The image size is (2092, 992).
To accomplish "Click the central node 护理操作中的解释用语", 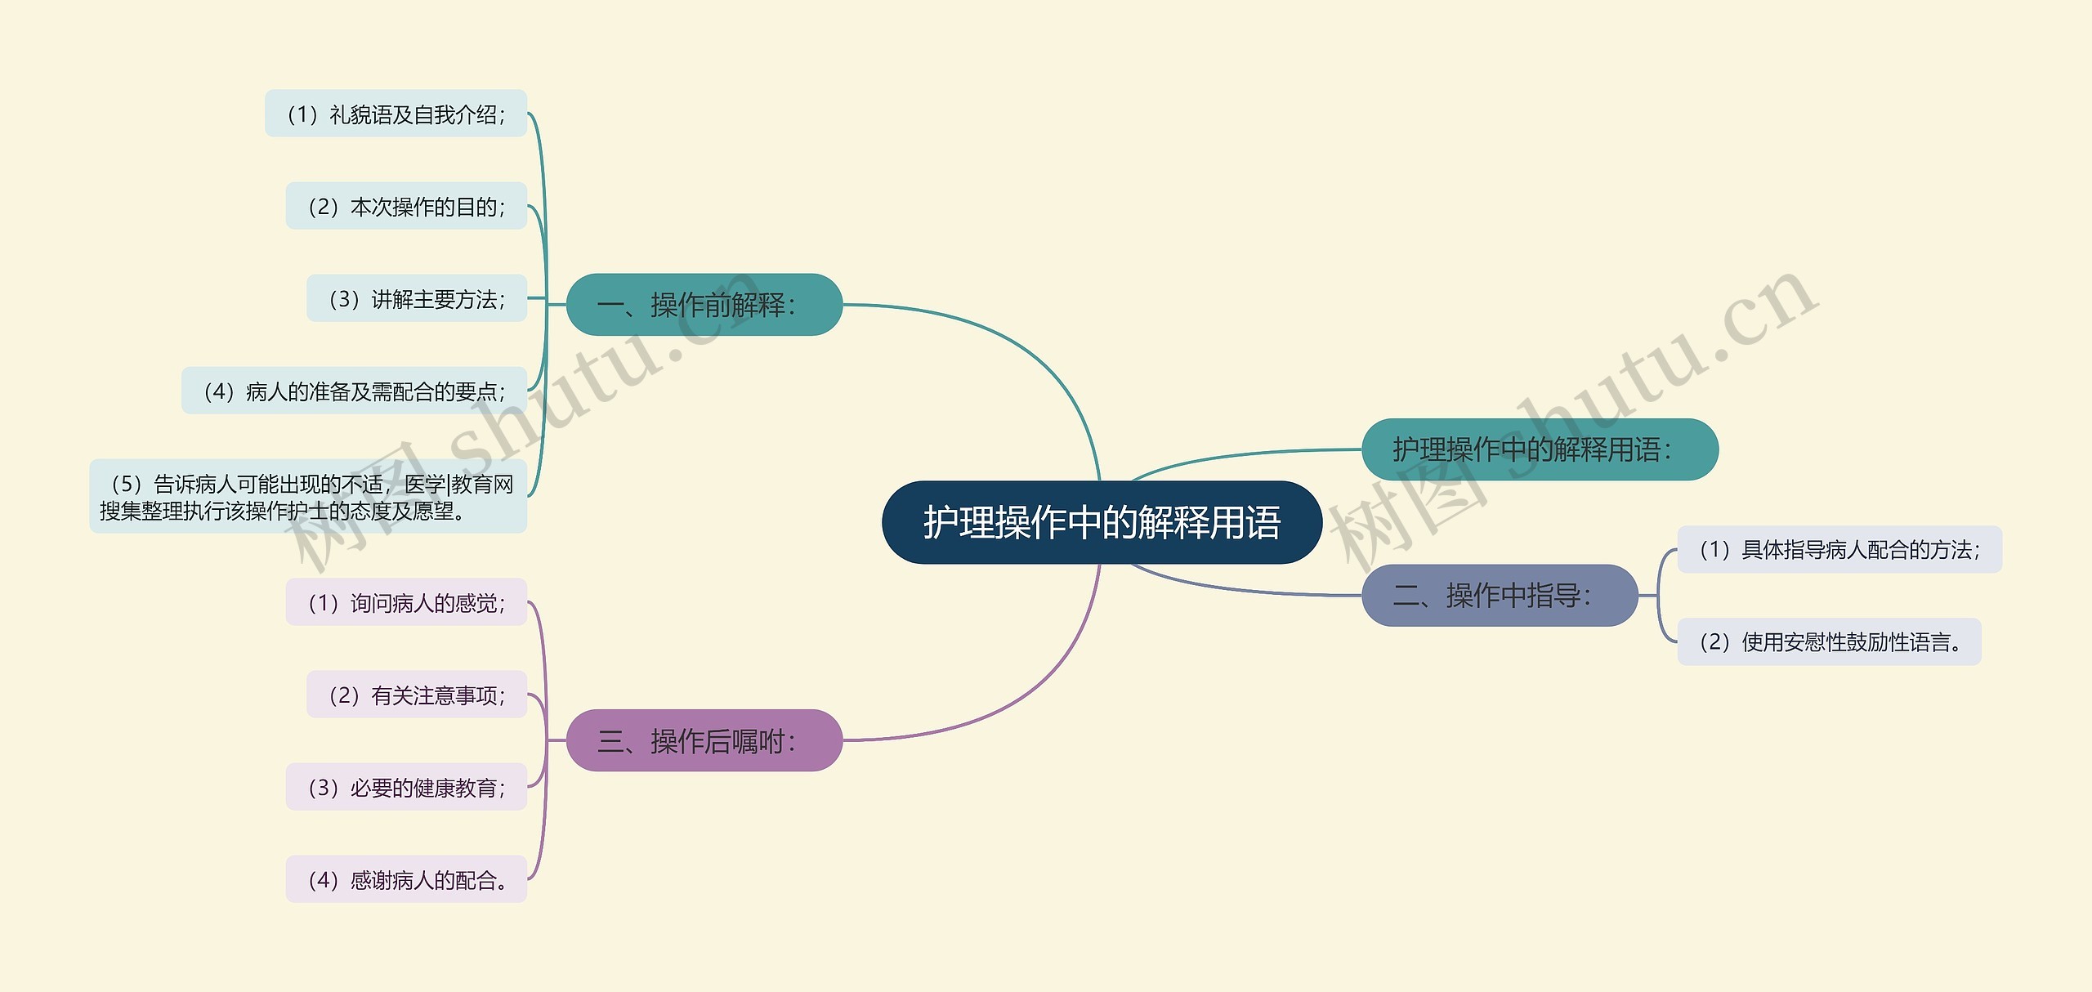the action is [x=1102, y=523].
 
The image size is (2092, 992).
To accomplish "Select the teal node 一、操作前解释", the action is [x=704, y=305].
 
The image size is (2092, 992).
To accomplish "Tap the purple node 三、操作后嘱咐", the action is [x=704, y=740].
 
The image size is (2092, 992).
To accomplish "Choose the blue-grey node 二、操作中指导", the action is [x=1499, y=596].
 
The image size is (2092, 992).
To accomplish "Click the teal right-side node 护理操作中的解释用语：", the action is [x=1539, y=449].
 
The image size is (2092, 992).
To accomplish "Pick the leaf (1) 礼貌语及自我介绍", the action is [x=396, y=114].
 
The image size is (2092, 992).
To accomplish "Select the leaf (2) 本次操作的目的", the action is [x=406, y=207].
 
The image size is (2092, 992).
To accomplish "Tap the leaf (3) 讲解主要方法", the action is [x=417, y=299].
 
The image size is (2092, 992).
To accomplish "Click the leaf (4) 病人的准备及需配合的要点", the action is [x=354, y=391].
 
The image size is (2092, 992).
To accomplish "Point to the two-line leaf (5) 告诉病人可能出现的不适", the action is [x=308, y=497].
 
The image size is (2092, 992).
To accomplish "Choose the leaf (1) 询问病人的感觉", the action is [x=406, y=603].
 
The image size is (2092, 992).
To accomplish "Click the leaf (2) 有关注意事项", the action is [x=417, y=695].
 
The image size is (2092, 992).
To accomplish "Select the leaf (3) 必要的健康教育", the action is [x=406, y=788].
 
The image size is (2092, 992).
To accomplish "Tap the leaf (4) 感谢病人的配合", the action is [x=406, y=880].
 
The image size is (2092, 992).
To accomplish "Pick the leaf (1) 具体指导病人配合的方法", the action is [x=1839, y=550].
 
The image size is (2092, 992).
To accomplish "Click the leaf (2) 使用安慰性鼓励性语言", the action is [x=1829, y=642].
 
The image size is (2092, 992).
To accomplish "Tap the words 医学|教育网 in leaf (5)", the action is [x=459, y=485].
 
